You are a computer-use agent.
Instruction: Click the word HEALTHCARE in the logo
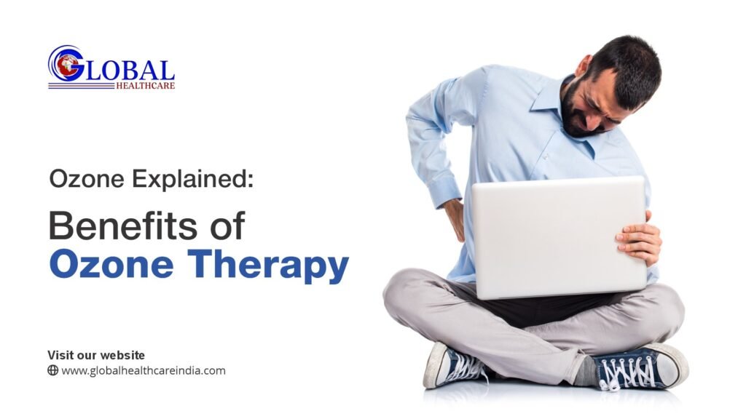point(145,85)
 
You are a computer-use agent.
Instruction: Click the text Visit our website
point(96,355)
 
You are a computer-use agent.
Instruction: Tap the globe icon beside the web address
point(52,370)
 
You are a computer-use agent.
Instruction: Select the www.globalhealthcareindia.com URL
point(143,370)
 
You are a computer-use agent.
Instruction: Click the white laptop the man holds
point(557,236)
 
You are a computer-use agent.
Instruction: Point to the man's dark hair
point(630,62)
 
